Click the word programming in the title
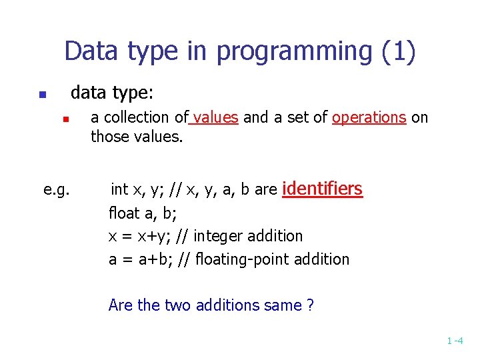[x=309, y=51]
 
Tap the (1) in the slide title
[x=399, y=51]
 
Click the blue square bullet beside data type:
[x=41, y=95]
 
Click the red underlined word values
[x=215, y=118]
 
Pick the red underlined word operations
[x=369, y=118]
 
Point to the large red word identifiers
[x=323, y=189]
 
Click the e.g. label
[x=57, y=190]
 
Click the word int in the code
[x=120, y=190]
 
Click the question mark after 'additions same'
[x=310, y=305]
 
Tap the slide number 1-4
[x=455, y=341]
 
